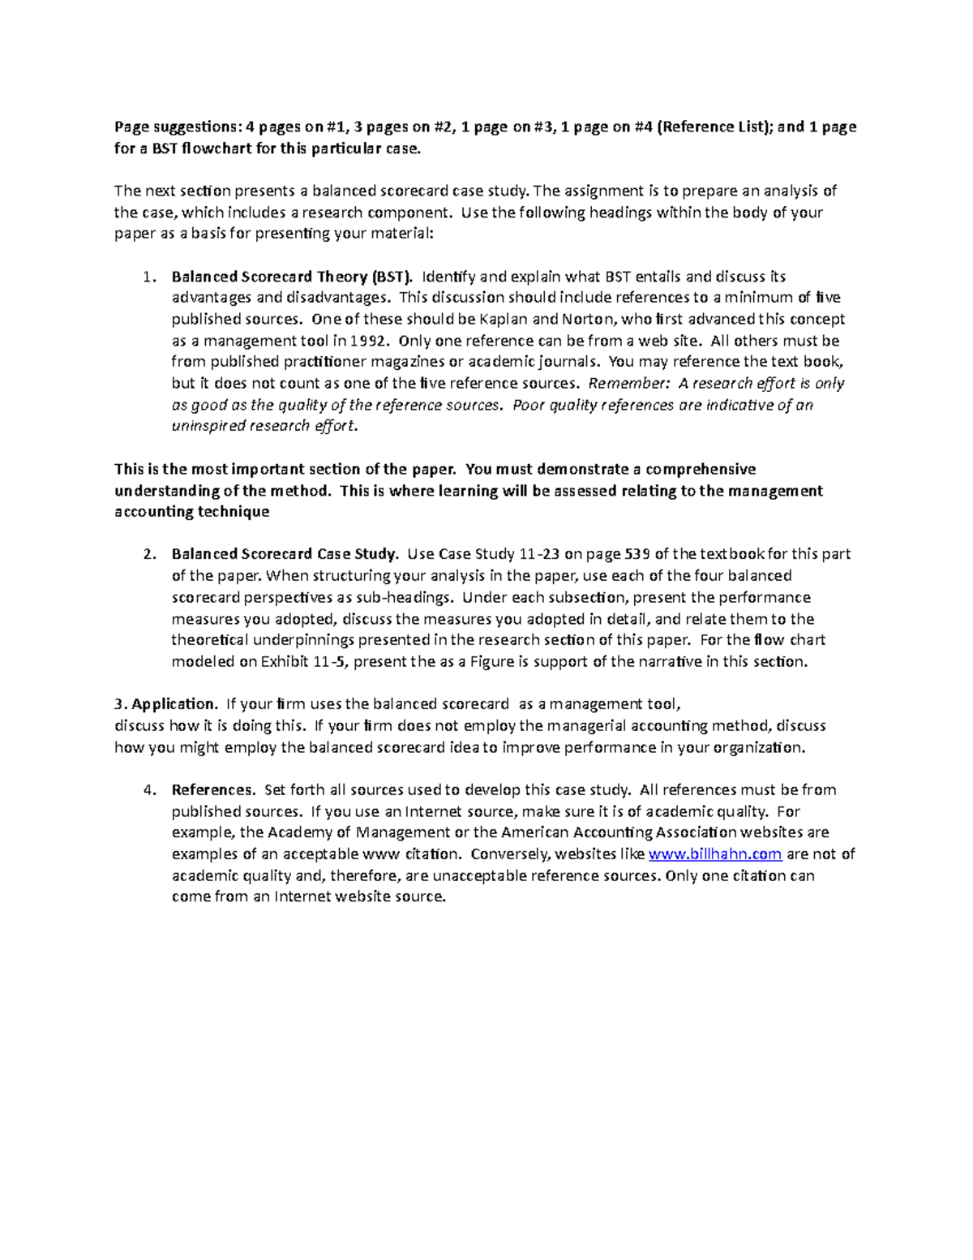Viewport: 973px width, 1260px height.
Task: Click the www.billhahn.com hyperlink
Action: click(x=716, y=854)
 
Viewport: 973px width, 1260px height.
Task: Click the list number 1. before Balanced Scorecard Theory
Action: click(x=148, y=277)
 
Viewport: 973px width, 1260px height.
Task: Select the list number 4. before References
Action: click(x=148, y=789)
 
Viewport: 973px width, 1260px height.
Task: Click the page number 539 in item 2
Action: click(x=638, y=554)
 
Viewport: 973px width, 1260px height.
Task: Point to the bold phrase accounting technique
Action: click(x=191, y=511)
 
